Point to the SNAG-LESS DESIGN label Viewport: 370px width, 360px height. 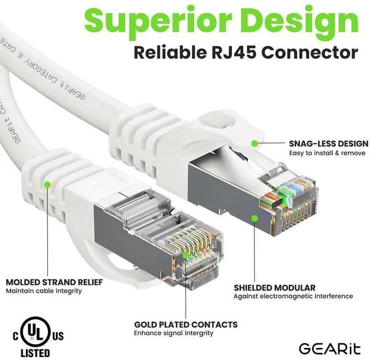pos(328,143)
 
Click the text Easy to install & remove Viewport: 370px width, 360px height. pos(327,153)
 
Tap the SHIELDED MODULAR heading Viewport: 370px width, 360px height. pos(275,287)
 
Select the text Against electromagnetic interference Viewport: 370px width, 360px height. pos(293,296)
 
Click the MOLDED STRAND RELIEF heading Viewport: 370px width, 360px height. pos(54,282)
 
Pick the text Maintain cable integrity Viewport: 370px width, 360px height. pos(44,291)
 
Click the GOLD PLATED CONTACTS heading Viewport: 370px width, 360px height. pos(186,325)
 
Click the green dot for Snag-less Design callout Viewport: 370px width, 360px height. pos(254,143)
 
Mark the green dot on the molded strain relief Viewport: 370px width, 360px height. pos(47,185)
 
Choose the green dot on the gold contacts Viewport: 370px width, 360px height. pos(184,253)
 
